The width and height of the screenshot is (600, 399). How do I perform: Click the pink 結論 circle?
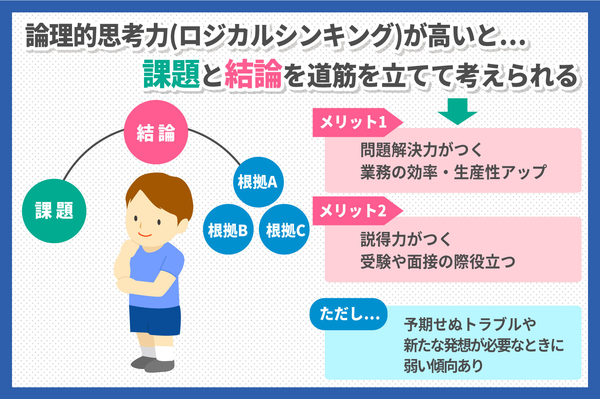point(156,132)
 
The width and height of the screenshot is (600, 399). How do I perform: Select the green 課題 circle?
point(54,211)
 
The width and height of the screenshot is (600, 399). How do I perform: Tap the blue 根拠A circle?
point(258,182)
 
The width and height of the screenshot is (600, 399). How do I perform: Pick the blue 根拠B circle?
point(228,229)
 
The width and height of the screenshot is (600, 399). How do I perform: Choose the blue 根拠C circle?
point(284,229)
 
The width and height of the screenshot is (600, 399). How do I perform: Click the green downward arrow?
point(458,111)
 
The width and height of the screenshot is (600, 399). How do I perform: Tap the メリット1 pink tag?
point(358,122)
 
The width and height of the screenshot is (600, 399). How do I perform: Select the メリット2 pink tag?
point(358,211)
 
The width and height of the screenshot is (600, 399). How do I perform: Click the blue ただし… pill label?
point(348,314)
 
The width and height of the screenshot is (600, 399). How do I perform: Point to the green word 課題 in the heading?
point(172,74)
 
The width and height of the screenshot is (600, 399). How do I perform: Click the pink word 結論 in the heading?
point(253,74)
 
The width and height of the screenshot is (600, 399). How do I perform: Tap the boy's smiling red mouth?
point(145,235)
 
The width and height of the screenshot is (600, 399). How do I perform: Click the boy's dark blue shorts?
point(155,320)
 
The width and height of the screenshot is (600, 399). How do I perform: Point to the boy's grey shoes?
point(153,364)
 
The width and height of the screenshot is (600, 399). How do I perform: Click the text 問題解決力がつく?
point(421,150)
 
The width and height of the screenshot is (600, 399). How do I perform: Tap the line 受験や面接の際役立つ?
point(438,261)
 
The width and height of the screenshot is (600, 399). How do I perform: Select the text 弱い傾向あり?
point(443,366)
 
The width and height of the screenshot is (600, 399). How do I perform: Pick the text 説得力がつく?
point(406,239)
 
